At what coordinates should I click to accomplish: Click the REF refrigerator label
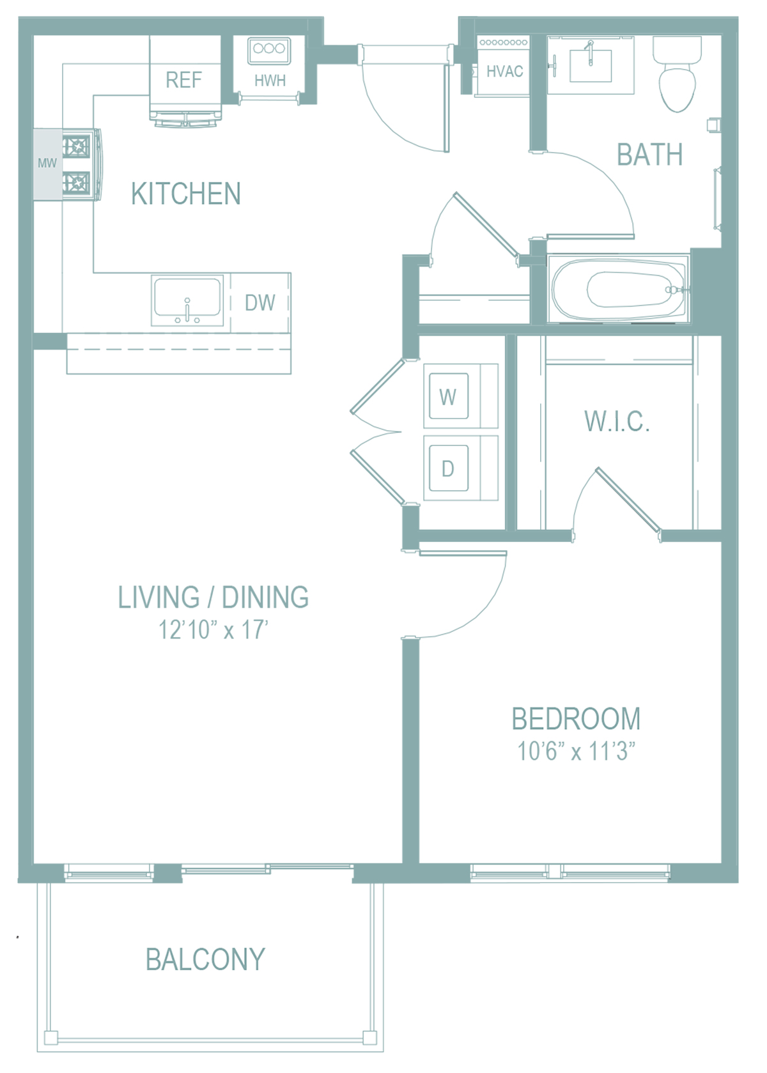coord(183,80)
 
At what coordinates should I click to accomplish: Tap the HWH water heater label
coord(270,81)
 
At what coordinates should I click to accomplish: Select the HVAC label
coord(504,72)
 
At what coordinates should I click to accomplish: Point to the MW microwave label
coord(47,163)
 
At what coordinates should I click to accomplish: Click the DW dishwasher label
coord(260,303)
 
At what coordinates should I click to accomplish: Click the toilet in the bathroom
coord(677,74)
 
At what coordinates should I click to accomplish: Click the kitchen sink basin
coord(187,300)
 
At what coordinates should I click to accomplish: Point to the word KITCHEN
coord(186,194)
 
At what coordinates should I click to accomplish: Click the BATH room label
coord(649,155)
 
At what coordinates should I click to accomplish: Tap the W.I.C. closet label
coord(617,421)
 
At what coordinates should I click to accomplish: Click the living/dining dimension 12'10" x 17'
coord(213,630)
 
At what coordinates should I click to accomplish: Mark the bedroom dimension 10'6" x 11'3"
coord(576,751)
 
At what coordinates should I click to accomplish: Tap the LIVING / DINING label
coord(213,597)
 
